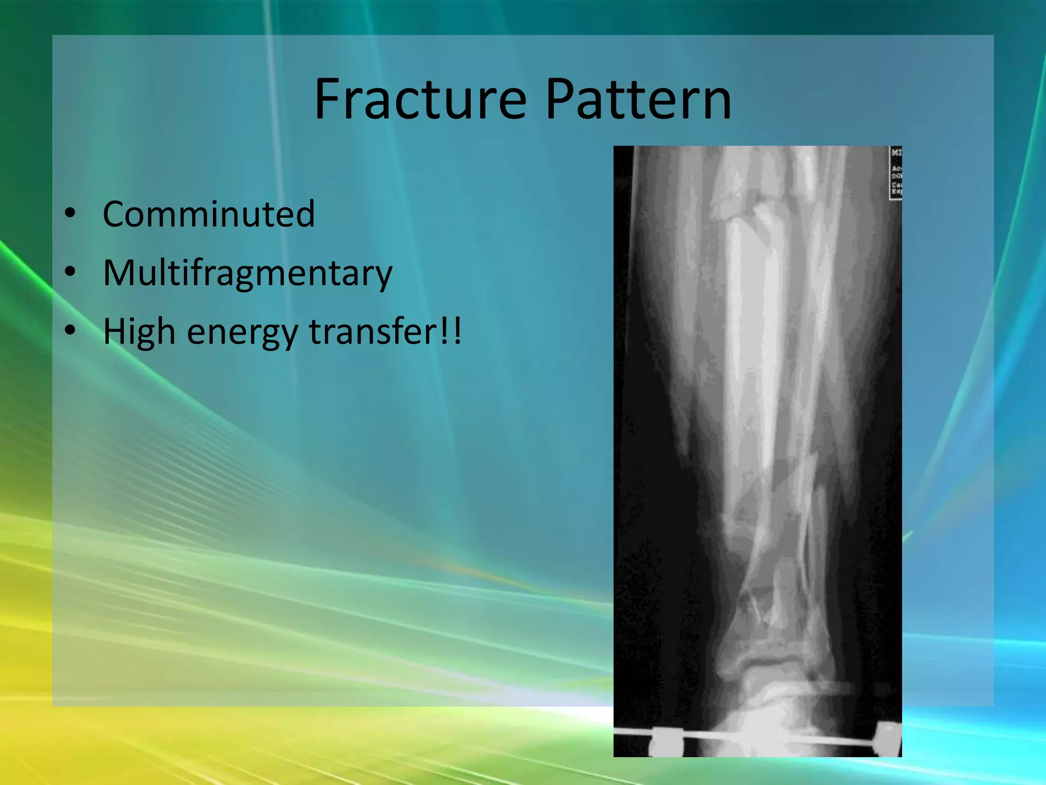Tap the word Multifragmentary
[x=247, y=273]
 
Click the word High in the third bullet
[x=139, y=332]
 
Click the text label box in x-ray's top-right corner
[x=896, y=173]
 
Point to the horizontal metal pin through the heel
[x=776, y=739]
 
